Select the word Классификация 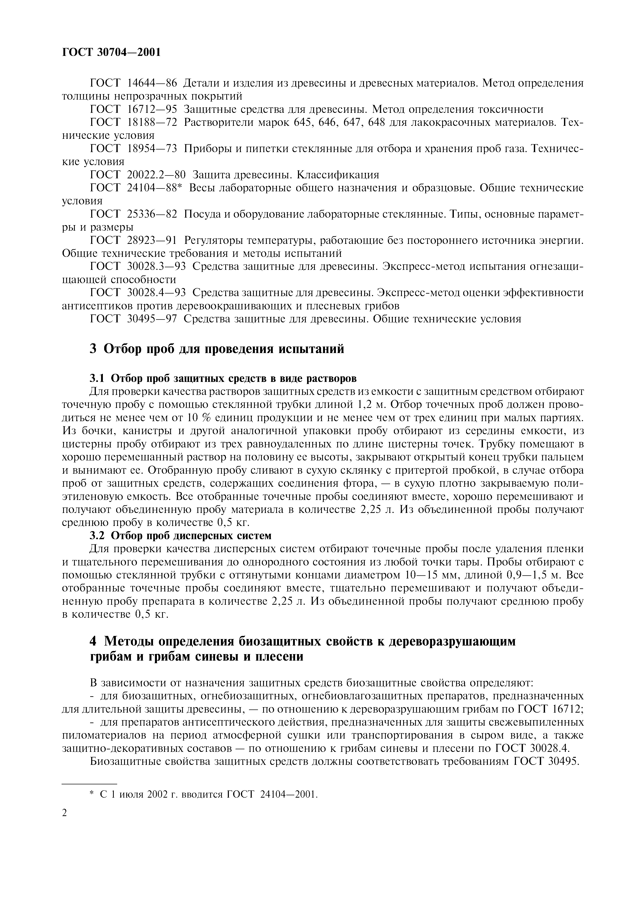(x=338, y=175)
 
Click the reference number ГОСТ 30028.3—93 (x=138, y=266)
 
